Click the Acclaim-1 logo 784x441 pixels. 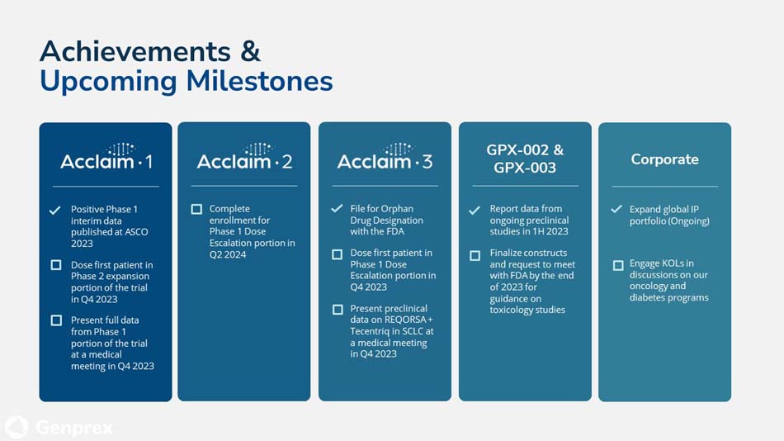click(106, 157)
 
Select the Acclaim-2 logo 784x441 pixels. click(244, 157)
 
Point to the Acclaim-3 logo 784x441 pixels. click(385, 157)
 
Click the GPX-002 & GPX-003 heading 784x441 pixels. click(525, 159)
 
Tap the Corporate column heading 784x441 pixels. click(664, 159)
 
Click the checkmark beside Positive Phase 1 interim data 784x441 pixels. click(55, 211)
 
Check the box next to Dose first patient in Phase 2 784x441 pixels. click(55, 265)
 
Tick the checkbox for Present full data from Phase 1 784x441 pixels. click(55, 320)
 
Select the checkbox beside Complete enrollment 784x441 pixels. click(196, 210)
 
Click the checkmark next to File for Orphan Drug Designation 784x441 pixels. click(337, 210)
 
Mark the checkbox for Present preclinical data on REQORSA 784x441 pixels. click(337, 310)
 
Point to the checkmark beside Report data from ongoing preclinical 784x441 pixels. click(475, 211)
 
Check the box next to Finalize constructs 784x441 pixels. click(475, 255)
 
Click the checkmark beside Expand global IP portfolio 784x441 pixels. click(616, 210)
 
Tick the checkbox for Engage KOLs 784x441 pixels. click(617, 265)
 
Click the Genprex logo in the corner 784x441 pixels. click(59, 427)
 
